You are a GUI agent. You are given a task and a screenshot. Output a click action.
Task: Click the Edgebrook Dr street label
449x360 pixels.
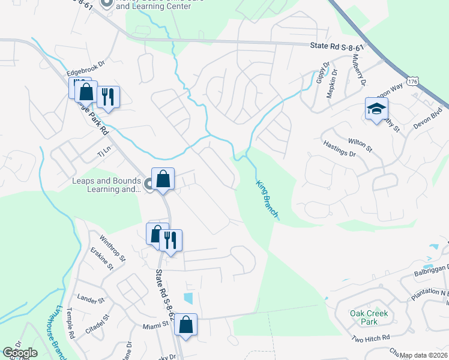86,62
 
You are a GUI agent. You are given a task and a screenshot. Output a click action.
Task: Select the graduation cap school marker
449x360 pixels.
376,109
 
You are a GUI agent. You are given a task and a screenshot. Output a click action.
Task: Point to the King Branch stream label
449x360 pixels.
267,200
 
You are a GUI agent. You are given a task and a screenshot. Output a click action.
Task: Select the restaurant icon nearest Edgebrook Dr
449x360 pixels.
108,96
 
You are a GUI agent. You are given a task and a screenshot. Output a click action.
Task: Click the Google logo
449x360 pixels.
20,353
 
